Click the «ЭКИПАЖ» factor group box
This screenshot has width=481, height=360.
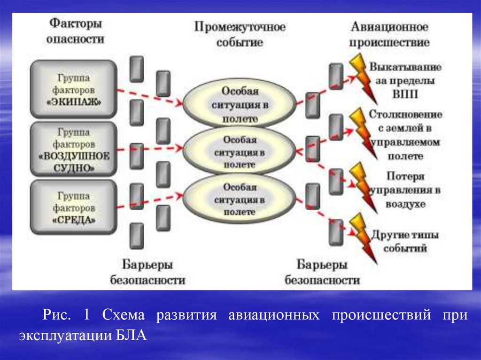73,89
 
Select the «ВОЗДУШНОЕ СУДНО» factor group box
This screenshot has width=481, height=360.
73,149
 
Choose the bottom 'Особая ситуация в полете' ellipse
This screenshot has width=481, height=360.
240,199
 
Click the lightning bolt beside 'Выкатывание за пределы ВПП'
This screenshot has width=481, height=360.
363,77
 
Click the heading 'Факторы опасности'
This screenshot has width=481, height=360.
75,31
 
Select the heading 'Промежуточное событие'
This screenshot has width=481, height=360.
240,34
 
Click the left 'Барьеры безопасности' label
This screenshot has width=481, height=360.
147,272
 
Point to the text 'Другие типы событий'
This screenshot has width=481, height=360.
405,241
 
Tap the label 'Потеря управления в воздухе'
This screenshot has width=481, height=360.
406,191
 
